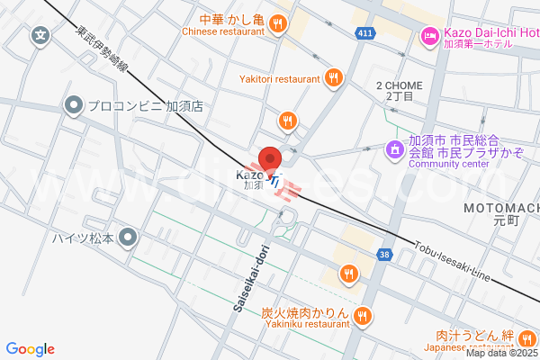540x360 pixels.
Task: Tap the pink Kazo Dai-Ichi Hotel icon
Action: click(427, 37)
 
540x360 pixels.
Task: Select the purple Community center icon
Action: click(393, 148)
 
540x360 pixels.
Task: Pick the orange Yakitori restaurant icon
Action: click(334, 78)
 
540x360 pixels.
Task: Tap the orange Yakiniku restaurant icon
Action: click(363, 315)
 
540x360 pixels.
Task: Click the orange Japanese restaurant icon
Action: click(528, 338)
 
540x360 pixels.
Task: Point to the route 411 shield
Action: click(364, 33)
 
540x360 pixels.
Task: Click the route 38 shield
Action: click(385, 256)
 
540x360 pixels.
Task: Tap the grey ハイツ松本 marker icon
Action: click(128, 238)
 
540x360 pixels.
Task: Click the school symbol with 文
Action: click(40, 37)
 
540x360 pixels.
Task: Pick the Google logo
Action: click(30, 348)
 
